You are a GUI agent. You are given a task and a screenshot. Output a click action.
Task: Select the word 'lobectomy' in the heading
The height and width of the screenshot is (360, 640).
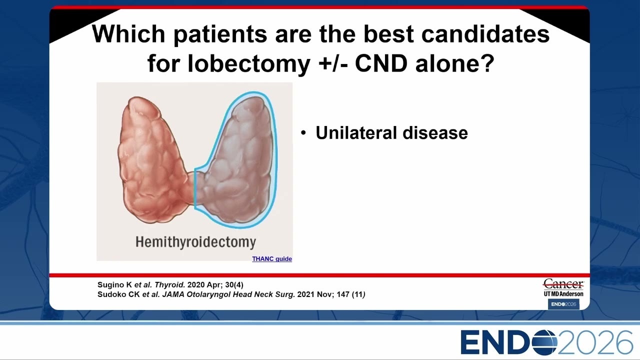[x=249, y=63]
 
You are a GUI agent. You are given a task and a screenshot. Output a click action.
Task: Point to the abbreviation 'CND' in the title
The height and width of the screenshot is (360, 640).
[x=381, y=63]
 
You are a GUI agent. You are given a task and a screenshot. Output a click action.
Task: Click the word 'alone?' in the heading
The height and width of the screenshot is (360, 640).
[x=455, y=63]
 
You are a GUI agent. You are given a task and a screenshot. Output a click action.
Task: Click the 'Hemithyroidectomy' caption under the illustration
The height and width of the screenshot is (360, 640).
[x=195, y=242]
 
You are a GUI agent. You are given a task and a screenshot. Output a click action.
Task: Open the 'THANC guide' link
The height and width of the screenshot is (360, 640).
[x=271, y=259]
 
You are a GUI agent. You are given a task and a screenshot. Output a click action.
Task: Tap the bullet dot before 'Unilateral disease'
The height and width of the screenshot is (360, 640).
[x=303, y=133]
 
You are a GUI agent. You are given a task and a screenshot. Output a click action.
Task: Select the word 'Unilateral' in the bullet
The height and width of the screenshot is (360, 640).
[x=356, y=133]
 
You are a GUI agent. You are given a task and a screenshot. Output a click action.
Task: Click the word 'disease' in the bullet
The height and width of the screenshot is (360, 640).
[x=435, y=133]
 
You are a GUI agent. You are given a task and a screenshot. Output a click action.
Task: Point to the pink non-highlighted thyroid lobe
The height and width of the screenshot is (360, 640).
[x=153, y=160]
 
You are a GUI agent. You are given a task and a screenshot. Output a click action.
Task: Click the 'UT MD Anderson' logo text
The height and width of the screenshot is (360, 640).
[x=563, y=293]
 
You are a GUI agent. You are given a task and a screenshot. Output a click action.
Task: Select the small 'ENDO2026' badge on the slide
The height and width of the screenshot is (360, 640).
[x=563, y=304]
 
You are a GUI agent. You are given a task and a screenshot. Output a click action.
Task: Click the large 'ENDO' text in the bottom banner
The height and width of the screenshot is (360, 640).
[x=509, y=342]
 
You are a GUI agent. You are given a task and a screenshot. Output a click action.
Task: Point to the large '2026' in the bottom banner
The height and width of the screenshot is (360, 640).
[x=595, y=342]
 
